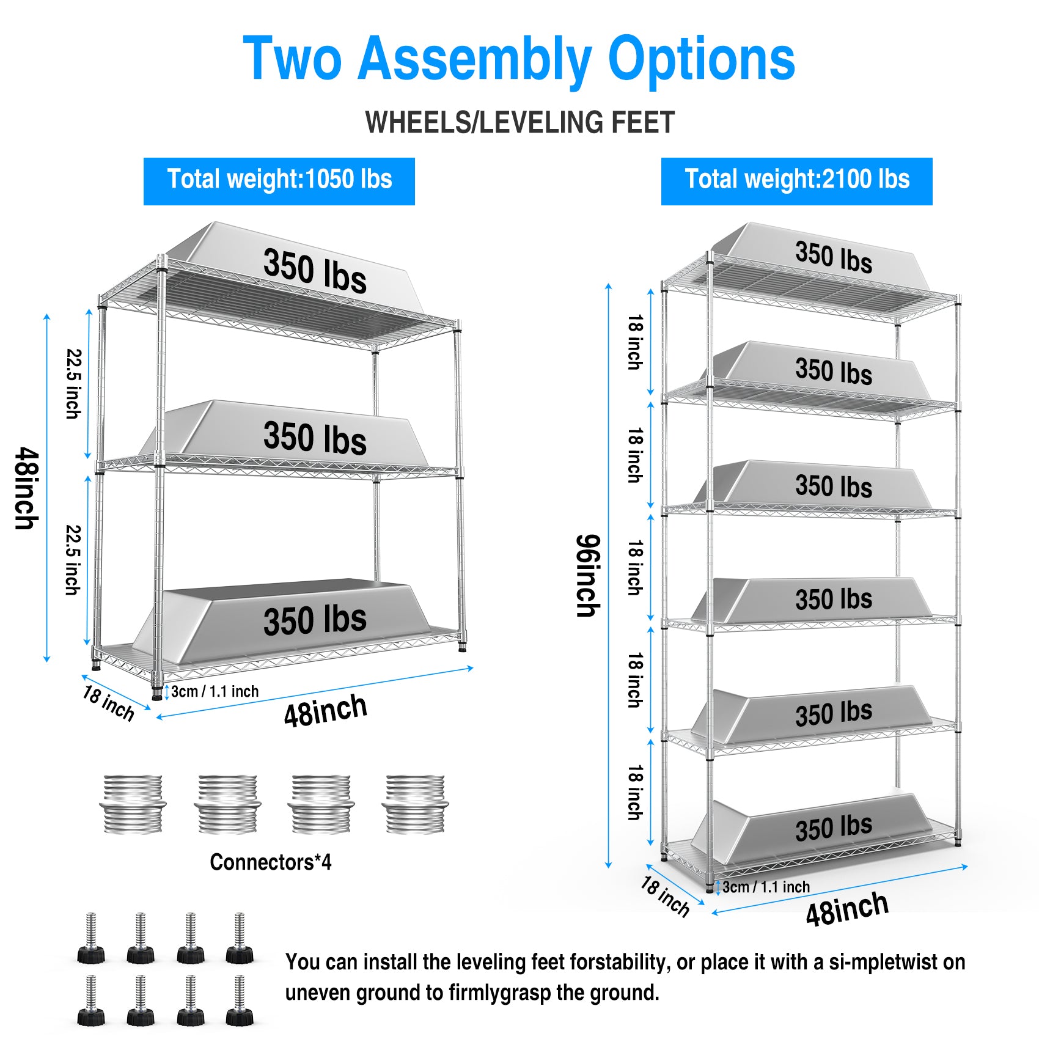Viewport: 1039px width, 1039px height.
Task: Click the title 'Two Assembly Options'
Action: point(519,59)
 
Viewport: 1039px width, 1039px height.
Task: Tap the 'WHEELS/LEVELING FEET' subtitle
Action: point(519,122)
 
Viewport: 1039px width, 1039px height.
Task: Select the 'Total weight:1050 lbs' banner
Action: point(279,181)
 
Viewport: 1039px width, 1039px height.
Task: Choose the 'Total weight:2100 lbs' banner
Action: point(796,181)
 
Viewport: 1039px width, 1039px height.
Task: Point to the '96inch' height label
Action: point(589,575)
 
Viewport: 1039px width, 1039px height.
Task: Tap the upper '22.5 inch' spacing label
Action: point(73,383)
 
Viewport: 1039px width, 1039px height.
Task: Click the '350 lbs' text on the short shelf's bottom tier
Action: point(315,620)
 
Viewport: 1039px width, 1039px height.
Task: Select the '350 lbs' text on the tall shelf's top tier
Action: point(834,256)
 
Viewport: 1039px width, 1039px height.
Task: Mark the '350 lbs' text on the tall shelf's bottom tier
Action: point(834,828)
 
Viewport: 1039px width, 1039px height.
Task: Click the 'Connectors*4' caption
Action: point(270,862)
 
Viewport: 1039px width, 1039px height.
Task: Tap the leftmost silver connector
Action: point(133,804)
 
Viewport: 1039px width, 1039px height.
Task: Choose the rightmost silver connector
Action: point(415,804)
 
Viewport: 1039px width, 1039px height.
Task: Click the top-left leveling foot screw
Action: point(90,938)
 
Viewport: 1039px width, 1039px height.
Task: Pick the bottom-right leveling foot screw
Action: point(240,1000)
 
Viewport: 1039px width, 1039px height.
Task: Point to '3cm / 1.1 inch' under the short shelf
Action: point(215,691)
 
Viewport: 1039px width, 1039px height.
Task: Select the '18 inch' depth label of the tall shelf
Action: point(665,896)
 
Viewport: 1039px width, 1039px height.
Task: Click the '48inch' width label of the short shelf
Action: point(325,710)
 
